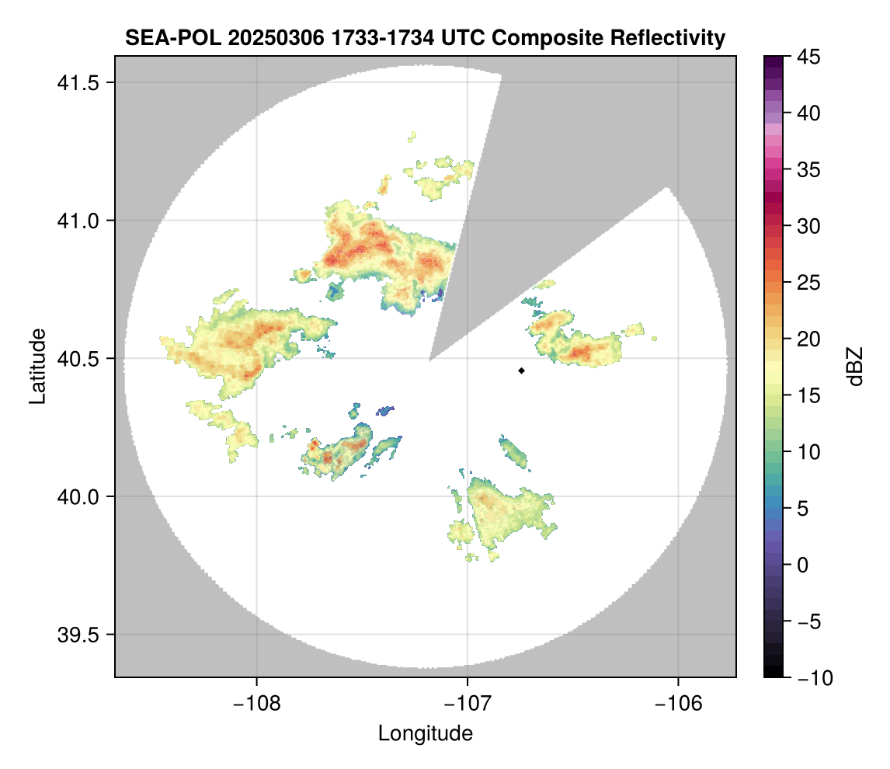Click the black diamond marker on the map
[522, 371]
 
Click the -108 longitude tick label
[256, 703]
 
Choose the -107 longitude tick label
[468, 703]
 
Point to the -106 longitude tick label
[679, 703]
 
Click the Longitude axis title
[426, 732]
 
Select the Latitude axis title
[37, 366]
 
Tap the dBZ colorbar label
[855, 367]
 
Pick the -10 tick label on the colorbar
[812, 677]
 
